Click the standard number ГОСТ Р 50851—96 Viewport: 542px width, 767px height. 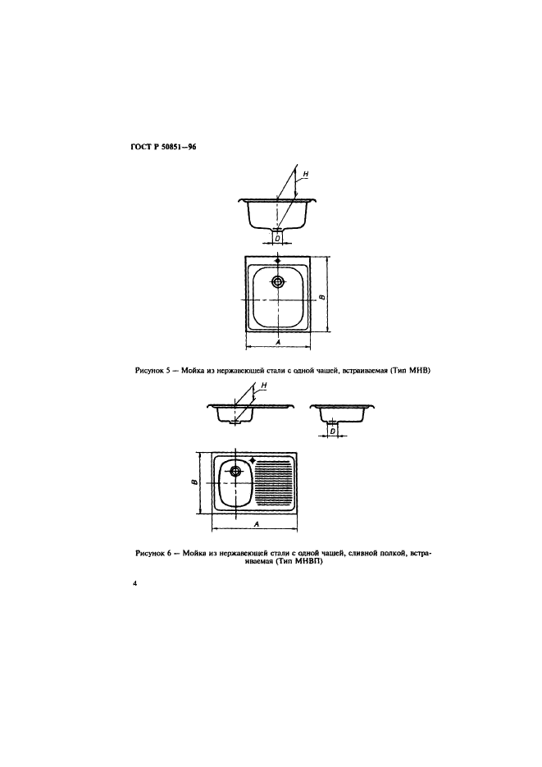[x=163, y=146]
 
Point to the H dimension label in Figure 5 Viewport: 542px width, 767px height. [x=306, y=174]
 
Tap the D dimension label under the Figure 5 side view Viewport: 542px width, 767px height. [x=277, y=238]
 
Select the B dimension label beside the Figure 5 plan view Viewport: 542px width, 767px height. [x=321, y=297]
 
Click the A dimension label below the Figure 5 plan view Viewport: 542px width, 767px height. [x=278, y=342]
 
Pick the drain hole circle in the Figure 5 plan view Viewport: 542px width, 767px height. [x=278, y=281]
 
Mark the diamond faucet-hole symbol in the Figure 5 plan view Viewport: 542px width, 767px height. [x=278, y=261]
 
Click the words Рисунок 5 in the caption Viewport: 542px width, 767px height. [x=152, y=371]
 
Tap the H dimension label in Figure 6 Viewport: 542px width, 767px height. [x=264, y=386]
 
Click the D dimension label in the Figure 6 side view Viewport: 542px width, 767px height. [x=333, y=431]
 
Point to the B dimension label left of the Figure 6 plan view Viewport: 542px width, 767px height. [x=194, y=482]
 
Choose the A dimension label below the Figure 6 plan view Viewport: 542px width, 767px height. [x=256, y=524]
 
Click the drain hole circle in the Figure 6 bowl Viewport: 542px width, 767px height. [x=235, y=471]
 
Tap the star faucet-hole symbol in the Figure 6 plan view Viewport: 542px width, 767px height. [x=253, y=460]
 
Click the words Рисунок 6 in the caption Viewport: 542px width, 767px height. [x=153, y=554]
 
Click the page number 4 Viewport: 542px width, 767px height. [x=134, y=583]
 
